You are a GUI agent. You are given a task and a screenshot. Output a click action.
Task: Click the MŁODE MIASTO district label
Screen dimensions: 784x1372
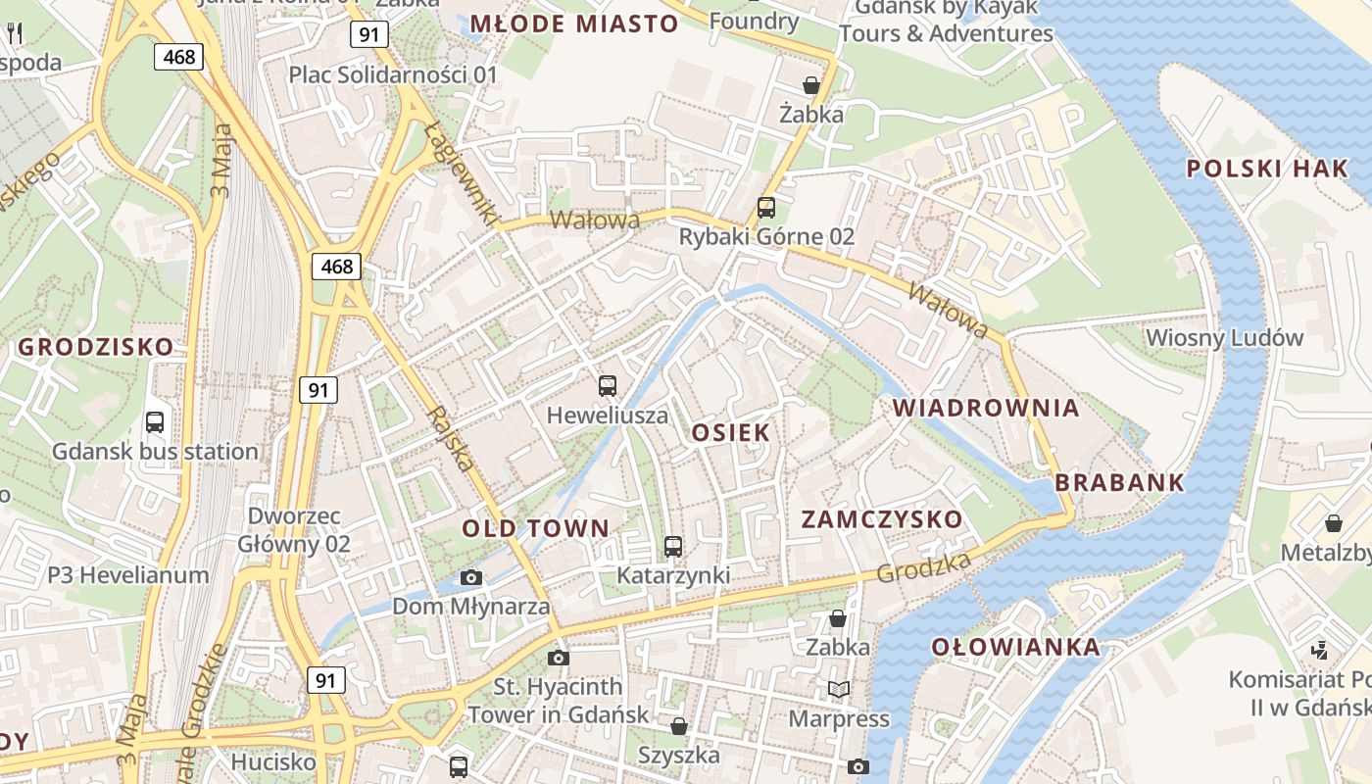[574, 24]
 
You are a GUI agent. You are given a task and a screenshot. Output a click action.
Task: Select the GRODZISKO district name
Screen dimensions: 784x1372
[96, 347]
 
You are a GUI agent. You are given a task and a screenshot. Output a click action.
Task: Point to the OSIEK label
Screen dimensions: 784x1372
[731, 433]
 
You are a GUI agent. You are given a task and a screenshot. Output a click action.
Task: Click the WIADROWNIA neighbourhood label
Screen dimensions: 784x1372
[986, 408]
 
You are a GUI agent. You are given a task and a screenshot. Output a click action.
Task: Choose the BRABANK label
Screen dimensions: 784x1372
[1120, 482]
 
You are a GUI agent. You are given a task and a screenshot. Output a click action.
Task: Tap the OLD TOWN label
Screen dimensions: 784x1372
[536, 529]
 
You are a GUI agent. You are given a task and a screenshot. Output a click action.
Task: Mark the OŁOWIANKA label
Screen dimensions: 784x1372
[1015, 647]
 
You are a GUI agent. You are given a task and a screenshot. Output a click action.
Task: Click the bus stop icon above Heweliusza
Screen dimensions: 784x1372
[608, 386]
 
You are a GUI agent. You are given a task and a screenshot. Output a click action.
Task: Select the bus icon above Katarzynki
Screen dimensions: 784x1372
[673, 547]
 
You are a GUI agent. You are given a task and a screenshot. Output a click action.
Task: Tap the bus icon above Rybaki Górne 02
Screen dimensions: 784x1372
[766, 208]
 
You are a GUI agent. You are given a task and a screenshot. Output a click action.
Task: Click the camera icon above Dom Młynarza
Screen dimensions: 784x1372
[471, 577]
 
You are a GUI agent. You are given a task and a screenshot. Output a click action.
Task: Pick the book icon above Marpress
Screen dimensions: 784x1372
[838, 690]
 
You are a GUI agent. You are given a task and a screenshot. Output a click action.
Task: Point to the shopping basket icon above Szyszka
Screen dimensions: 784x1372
[678, 726]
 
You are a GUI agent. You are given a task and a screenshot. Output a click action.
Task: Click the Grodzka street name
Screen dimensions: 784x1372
[924, 567]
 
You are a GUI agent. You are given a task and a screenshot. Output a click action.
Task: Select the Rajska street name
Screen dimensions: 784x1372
[452, 439]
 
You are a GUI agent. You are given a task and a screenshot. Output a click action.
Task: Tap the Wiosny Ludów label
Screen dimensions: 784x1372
[1225, 338]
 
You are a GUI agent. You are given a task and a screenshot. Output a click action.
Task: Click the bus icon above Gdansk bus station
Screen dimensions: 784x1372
[155, 422]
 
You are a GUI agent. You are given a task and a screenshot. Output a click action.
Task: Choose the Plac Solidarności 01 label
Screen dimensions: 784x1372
[393, 74]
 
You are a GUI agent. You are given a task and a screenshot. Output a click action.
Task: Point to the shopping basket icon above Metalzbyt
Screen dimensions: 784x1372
[1333, 523]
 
